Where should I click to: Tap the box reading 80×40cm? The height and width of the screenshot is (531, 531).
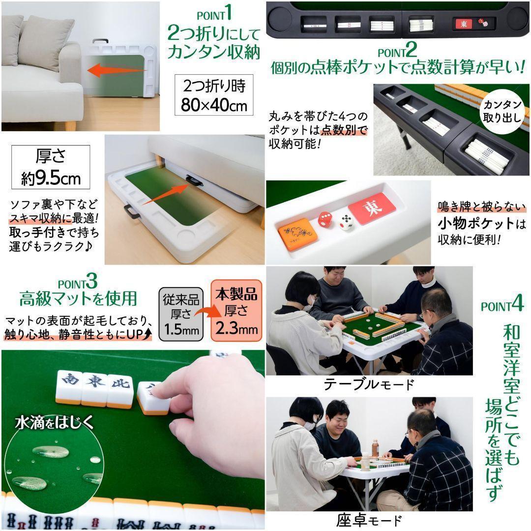[x=214, y=95]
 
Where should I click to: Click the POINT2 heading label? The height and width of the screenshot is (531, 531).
[x=397, y=51]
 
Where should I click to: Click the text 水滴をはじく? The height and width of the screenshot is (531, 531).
[x=54, y=423]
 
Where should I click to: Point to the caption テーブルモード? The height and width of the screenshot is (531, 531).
[x=369, y=384]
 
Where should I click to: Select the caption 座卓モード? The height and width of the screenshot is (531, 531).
[x=369, y=520]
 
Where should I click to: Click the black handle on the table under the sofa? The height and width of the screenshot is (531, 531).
[x=194, y=181]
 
